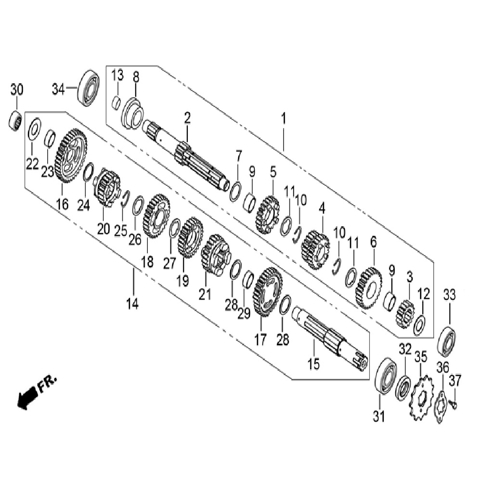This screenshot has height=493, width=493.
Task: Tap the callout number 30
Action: [17, 90]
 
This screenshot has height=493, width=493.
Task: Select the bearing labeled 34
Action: [89, 88]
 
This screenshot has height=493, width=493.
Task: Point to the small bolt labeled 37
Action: [453, 404]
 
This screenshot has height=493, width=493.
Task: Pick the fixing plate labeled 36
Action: [441, 406]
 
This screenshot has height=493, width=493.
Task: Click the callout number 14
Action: [132, 304]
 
